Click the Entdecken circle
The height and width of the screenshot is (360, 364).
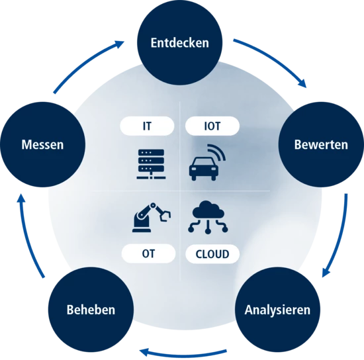[x=179, y=42]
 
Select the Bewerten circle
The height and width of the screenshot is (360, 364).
[x=321, y=144]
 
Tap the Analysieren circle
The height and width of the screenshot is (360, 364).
[x=278, y=310]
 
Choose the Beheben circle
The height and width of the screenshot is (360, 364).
[x=91, y=310]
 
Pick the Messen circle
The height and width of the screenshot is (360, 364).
[x=43, y=144]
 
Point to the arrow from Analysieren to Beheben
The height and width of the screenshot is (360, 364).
[x=183, y=355]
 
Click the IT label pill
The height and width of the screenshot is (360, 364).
[x=147, y=126]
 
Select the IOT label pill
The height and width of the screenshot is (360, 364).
[x=212, y=126]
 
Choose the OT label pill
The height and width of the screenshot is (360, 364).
[x=148, y=253]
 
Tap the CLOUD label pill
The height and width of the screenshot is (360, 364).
[x=212, y=254]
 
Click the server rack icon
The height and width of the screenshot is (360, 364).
[x=151, y=164]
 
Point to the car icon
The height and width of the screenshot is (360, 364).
[x=204, y=169]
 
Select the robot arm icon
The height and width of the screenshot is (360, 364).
[x=152, y=217]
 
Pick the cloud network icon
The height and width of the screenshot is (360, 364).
[x=208, y=217]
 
